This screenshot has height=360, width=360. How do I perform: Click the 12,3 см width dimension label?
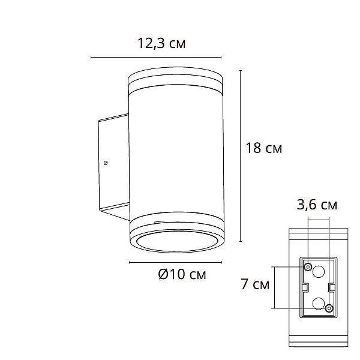pyautogui.click(x=161, y=43)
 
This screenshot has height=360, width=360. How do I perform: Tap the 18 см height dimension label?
pyautogui.click(x=264, y=148)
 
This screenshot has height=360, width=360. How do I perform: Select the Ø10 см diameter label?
pyautogui.click(x=182, y=274)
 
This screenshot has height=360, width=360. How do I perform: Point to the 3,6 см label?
pyautogui.click(x=317, y=205)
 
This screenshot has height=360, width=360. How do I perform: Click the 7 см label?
pyautogui.click(x=255, y=284)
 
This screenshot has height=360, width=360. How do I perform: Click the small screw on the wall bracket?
pyautogui.click(x=106, y=163)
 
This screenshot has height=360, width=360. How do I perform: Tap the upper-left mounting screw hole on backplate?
pyautogui.click(x=308, y=267)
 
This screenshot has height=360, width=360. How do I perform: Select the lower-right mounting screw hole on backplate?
pyautogui.click(x=329, y=308)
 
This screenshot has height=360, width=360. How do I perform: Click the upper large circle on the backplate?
pyautogui.click(x=319, y=272)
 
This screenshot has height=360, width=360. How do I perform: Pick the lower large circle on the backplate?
pyautogui.click(x=319, y=303)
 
